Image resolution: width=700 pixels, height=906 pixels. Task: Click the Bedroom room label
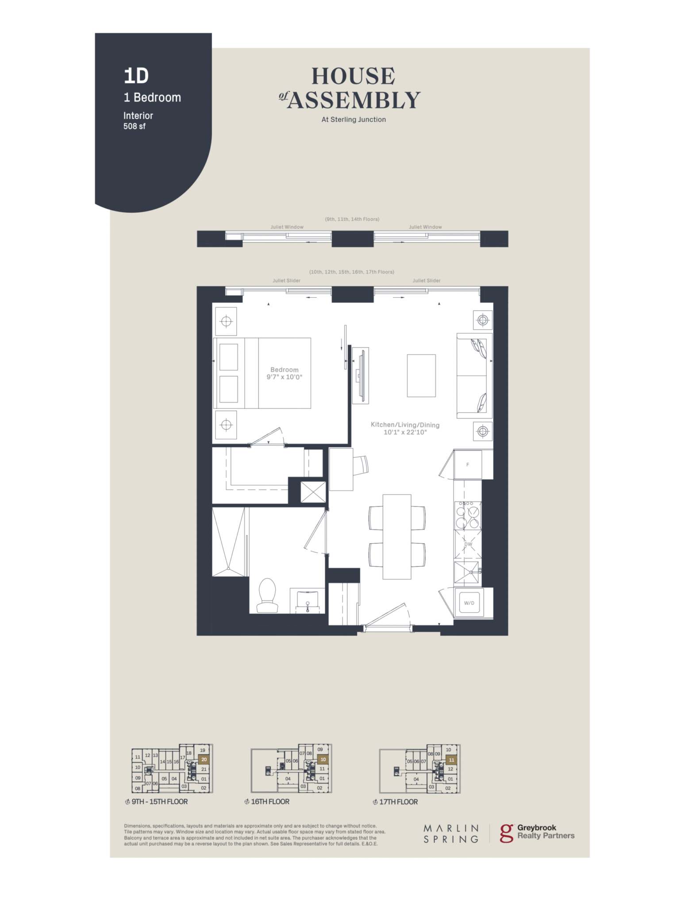click(284, 370)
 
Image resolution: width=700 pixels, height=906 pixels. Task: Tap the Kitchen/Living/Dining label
click(405, 425)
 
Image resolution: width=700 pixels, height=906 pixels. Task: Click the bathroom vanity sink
click(308, 601)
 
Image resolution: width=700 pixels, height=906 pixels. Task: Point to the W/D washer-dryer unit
click(469, 603)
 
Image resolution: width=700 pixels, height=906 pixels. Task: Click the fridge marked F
click(468, 464)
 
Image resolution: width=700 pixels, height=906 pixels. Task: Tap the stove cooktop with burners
click(468, 515)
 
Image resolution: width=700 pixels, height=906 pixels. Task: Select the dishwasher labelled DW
click(468, 545)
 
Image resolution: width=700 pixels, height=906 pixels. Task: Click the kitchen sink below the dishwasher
click(467, 572)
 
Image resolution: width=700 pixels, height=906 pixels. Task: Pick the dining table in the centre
click(397, 537)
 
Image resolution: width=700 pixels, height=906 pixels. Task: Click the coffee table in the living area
click(421, 376)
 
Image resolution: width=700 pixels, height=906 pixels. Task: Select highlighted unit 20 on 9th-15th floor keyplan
click(204, 760)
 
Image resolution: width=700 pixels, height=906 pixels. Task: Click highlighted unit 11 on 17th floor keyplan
click(451, 760)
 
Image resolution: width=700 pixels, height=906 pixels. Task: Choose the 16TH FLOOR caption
click(270, 802)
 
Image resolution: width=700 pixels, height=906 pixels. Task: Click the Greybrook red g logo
click(506, 833)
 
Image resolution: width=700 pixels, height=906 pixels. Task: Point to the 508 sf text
click(135, 126)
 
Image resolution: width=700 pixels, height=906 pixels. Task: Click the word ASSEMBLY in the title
click(354, 100)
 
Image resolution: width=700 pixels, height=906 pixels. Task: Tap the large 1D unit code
click(136, 76)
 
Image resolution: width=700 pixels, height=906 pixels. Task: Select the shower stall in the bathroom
click(228, 542)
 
